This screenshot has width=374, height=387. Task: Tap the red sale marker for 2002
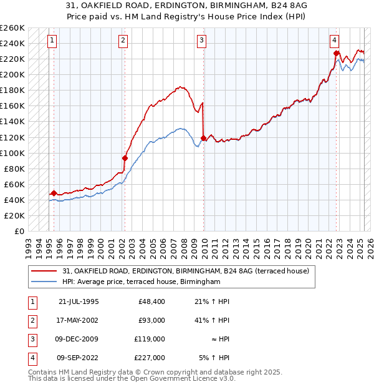[x=125, y=158]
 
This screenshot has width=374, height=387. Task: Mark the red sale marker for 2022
[x=336, y=53]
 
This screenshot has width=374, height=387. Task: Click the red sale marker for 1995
[x=54, y=193]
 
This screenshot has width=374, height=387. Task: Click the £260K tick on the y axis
[x=12, y=28]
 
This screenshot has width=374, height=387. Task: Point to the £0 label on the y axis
[x=19, y=231]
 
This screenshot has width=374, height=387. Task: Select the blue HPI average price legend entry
[x=141, y=282]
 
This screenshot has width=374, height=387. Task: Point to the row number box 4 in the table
[x=31, y=358]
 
